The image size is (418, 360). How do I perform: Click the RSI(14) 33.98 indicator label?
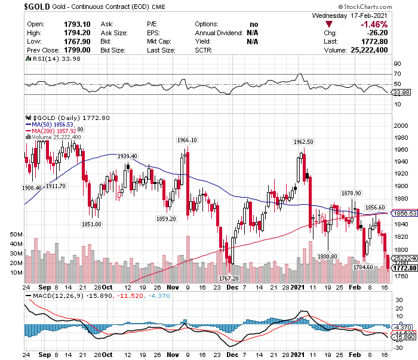(46, 59)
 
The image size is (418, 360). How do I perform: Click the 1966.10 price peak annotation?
(187, 140)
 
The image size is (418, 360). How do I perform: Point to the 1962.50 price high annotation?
(303, 141)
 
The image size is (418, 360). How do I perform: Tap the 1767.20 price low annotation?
(229, 278)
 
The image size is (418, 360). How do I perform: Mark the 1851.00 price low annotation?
(91, 224)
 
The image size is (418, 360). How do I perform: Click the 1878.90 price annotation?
(351, 193)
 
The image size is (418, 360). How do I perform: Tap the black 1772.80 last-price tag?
(403, 268)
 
